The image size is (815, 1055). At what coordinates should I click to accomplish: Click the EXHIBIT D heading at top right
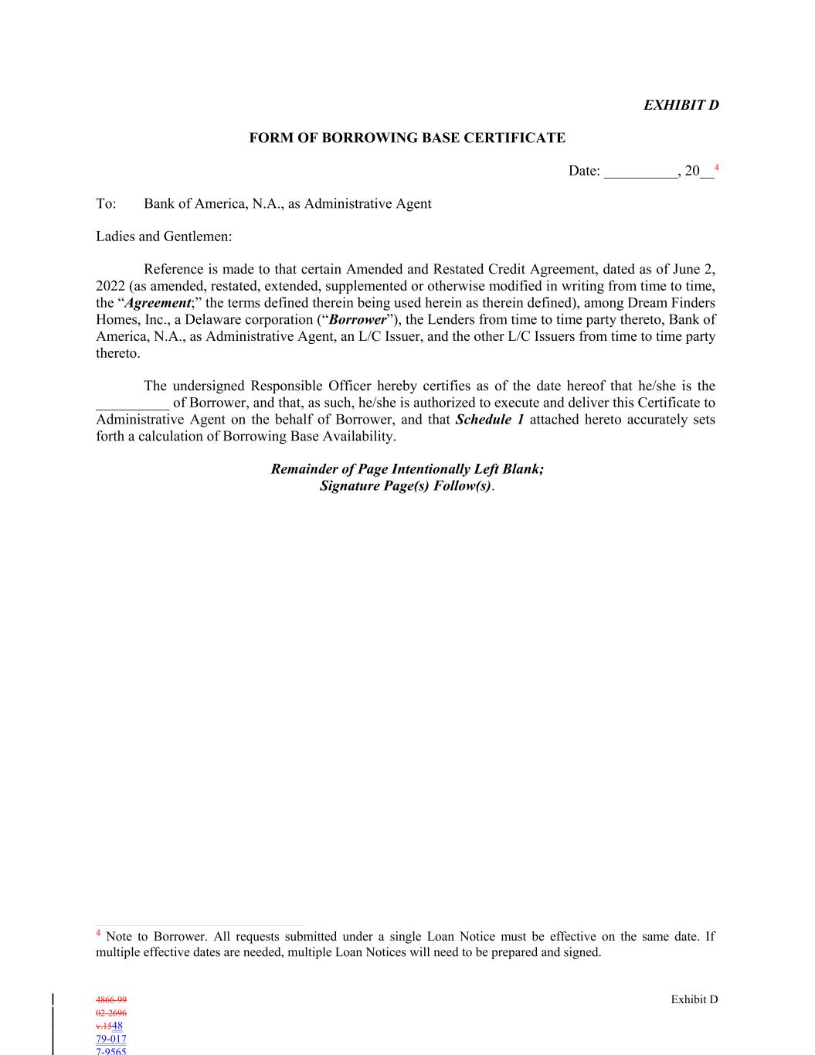pyautogui.click(x=681, y=105)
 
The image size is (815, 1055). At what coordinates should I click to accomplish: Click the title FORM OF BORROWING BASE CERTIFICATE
pyautogui.click(x=407, y=138)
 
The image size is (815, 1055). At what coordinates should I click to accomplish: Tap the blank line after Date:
pyautogui.click(x=640, y=172)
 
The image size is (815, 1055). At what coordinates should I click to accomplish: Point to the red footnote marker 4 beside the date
pyautogui.click(x=717, y=167)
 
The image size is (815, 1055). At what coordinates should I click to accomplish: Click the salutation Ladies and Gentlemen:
pyautogui.click(x=164, y=237)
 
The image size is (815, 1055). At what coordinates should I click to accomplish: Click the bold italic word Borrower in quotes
pyautogui.click(x=357, y=320)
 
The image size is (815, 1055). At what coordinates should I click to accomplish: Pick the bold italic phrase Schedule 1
pyautogui.click(x=490, y=420)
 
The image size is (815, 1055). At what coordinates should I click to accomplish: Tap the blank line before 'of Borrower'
pyautogui.click(x=132, y=403)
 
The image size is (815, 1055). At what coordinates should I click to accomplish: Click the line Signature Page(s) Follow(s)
pyautogui.click(x=406, y=486)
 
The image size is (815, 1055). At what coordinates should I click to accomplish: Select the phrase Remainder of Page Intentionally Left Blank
pyautogui.click(x=407, y=469)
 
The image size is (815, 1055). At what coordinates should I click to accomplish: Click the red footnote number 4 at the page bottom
pyautogui.click(x=98, y=934)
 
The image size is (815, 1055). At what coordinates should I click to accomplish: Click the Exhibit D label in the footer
pyautogui.click(x=694, y=999)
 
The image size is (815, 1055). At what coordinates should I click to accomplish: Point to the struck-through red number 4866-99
pyautogui.click(x=111, y=1000)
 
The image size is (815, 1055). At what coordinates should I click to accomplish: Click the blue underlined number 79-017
pyautogui.click(x=111, y=1040)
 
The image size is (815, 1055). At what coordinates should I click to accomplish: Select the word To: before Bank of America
pyautogui.click(x=106, y=204)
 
